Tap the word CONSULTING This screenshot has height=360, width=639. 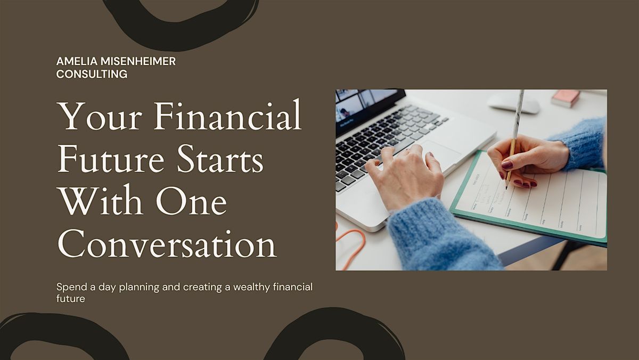[x=92, y=74]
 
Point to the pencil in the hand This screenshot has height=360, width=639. [x=514, y=133]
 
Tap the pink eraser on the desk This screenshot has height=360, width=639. [x=566, y=98]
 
